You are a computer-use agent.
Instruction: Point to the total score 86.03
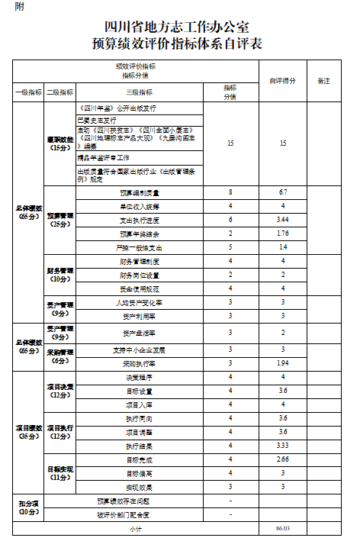point(282,528)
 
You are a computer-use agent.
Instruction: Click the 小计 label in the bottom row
point(136,528)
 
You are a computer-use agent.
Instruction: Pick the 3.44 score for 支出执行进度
point(282,220)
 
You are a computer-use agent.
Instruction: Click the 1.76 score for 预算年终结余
point(282,234)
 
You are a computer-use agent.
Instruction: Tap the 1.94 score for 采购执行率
point(282,363)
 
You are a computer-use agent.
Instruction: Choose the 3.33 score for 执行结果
point(282,446)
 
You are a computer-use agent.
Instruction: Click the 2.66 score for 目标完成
point(282,459)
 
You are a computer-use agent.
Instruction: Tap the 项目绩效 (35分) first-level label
point(29,432)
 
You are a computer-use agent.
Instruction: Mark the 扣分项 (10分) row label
point(29,507)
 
